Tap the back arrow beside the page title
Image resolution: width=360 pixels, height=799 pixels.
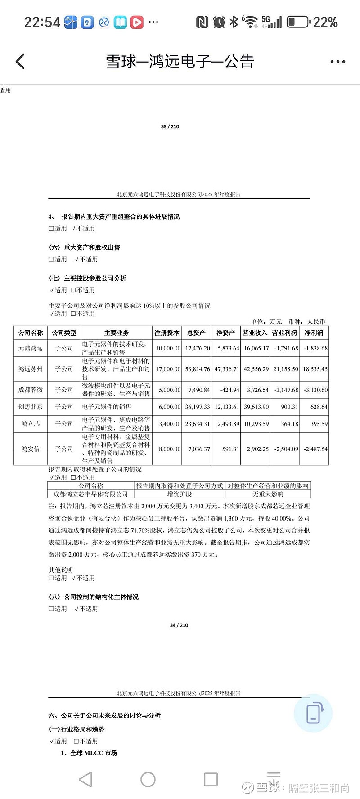coord(20,62)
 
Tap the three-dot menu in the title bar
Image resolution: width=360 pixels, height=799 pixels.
coord(337,62)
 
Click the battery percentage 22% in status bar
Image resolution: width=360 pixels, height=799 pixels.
coord(325,22)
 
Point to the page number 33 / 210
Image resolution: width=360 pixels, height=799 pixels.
coord(170,126)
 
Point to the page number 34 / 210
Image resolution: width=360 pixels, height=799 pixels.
coord(179,625)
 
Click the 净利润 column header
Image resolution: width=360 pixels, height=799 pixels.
coord(314,333)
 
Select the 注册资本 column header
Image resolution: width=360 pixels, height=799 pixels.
coord(167,333)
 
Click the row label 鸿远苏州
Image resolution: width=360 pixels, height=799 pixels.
coord(31,369)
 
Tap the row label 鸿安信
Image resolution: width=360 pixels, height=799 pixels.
coord(31,449)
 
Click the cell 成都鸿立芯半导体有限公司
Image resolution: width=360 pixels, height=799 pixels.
coord(91,494)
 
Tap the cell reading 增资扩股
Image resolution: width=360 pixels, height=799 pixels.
coord(180,494)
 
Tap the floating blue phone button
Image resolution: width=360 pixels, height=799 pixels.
coord(313,713)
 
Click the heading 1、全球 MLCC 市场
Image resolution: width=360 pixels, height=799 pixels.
coord(89,753)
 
